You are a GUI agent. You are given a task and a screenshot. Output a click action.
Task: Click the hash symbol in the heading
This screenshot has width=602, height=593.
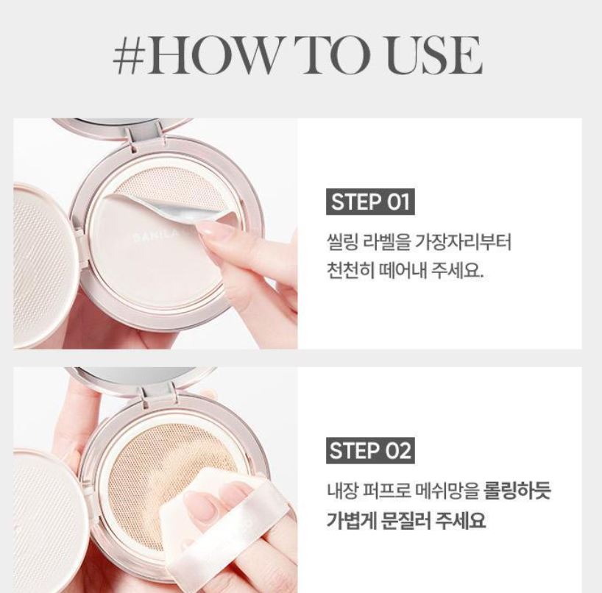[130, 54]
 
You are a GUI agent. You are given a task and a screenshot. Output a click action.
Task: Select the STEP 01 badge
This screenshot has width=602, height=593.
[370, 202]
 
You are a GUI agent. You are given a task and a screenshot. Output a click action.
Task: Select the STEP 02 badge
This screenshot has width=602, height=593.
[370, 450]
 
